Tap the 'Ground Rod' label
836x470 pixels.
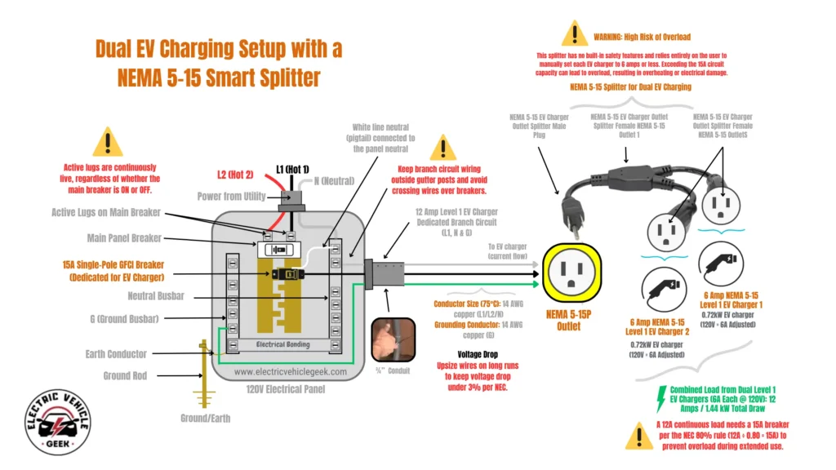pos(124,376)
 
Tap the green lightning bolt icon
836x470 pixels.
pos(660,399)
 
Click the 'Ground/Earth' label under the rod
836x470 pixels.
pos(205,418)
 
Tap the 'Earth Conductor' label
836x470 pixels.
pos(116,354)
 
